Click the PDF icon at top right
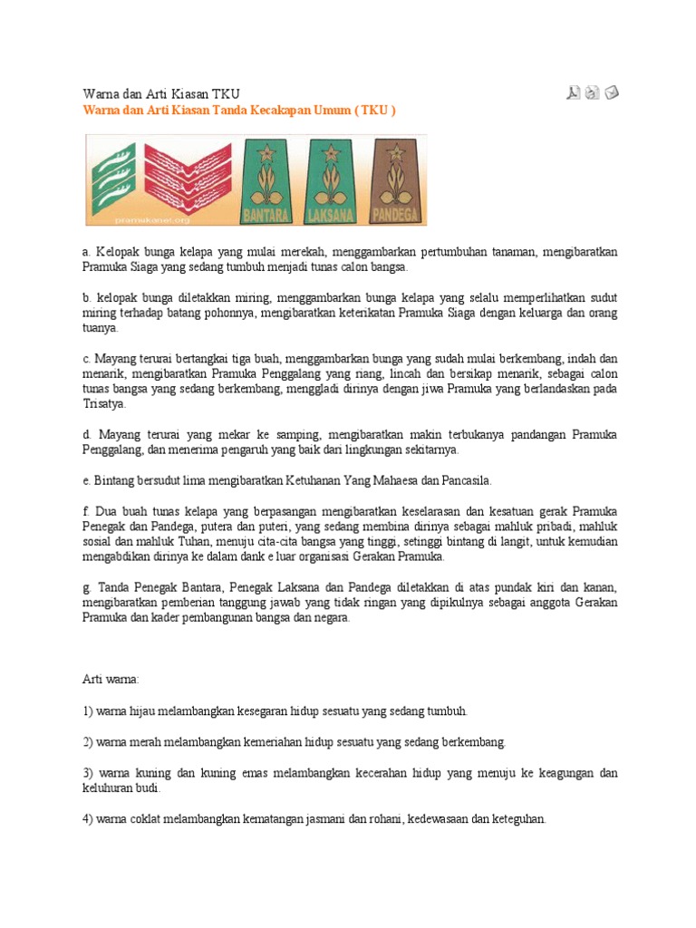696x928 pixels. (574, 92)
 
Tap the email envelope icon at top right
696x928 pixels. (613, 92)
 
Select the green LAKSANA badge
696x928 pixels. (329, 180)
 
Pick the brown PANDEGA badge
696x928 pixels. (395, 180)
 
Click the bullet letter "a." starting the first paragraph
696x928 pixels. (87, 251)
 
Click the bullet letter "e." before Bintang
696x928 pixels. (87, 479)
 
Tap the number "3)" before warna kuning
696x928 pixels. (88, 773)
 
